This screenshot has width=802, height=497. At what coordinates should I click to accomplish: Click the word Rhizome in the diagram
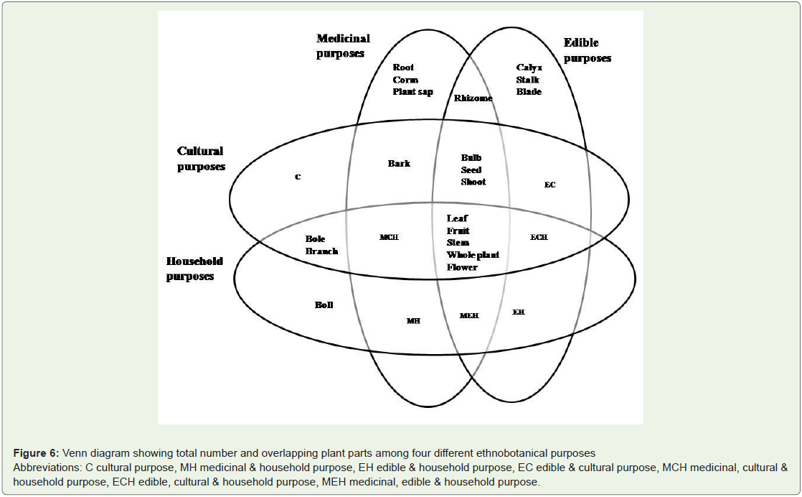pyautogui.click(x=473, y=98)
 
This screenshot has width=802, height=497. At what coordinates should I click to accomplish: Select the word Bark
pyautogui.click(x=399, y=163)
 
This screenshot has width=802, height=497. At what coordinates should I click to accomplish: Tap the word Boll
pyautogui.click(x=324, y=305)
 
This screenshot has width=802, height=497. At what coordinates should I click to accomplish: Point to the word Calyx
pyautogui.click(x=529, y=67)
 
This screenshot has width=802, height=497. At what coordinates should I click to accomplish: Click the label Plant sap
pyautogui.click(x=412, y=92)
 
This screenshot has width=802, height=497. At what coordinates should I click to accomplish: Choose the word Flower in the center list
pyautogui.click(x=463, y=267)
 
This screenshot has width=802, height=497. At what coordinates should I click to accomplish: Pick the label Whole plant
pyautogui.click(x=473, y=255)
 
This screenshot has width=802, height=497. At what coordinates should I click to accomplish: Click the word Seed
pyautogui.click(x=471, y=169)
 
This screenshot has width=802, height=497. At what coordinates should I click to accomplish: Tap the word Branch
pyautogui.click(x=321, y=251)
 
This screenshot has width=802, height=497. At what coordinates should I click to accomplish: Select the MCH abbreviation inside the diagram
pyautogui.click(x=390, y=237)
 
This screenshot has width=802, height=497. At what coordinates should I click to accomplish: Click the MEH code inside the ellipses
pyautogui.click(x=469, y=315)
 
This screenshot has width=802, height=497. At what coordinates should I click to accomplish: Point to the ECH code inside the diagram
pyautogui.click(x=539, y=237)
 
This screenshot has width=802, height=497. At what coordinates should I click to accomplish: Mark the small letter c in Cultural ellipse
pyautogui.click(x=298, y=177)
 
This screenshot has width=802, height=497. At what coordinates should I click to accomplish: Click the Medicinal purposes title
pyautogui.click(x=343, y=45)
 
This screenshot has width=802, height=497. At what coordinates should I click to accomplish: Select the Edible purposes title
pyautogui.click(x=588, y=50)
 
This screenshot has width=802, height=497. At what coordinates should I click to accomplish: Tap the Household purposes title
pyautogui.click(x=194, y=269)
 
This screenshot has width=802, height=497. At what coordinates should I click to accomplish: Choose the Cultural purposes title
pyautogui.click(x=201, y=159)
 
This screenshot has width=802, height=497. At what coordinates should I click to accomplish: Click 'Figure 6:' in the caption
pyautogui.click(x=37, y=453)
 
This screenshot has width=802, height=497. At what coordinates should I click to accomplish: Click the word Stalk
pyautogui.click(x=528, y=79)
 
